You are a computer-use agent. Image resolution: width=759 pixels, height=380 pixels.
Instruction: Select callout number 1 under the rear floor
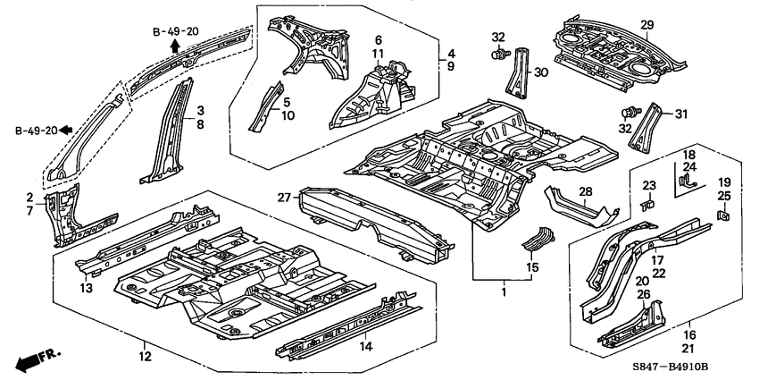click(x=505, y=291)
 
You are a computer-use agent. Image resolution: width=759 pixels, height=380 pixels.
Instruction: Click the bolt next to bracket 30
click(x=497, y=55)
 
